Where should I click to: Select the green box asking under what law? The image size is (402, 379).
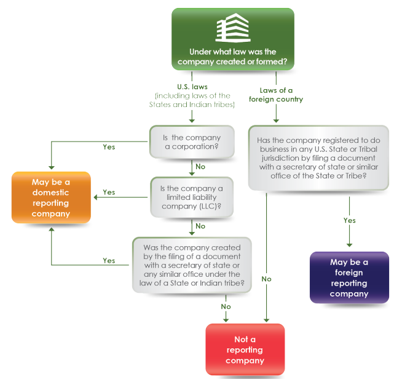(232, 39)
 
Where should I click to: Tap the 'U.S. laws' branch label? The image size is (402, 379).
(192, 87)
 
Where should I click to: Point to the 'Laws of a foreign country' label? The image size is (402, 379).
(276, 95)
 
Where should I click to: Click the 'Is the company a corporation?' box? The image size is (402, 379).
(192, 143)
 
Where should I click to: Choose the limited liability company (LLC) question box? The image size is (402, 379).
(192, 197)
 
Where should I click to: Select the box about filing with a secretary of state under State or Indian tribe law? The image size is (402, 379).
(192, 265)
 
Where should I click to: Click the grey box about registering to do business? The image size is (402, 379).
(318, 158)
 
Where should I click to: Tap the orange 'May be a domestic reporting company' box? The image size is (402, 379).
(51, 197)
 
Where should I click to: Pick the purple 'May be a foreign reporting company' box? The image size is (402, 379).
(349, 277)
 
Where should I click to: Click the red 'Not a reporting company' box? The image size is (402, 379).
(245, 349)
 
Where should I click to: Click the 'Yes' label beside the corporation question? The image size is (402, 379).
(109, 147)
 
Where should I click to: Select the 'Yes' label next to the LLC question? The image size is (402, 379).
(109, 192)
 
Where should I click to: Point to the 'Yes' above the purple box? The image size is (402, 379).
(349, 220)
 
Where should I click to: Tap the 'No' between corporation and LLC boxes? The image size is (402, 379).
(200, 166)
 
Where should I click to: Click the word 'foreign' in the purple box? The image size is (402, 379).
(349, 273)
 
